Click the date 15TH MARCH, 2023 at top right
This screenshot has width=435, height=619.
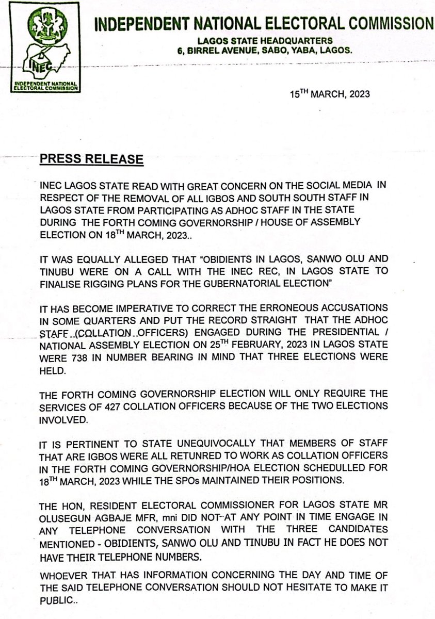tap(329, 95)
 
